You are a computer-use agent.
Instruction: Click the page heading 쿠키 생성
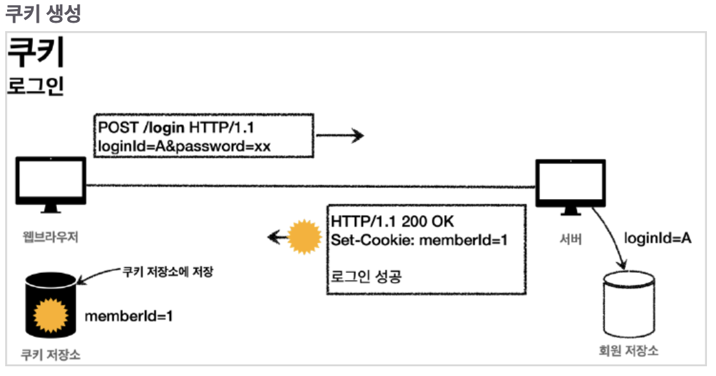43,14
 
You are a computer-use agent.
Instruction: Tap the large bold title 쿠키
36,53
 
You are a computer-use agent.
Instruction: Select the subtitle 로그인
35,86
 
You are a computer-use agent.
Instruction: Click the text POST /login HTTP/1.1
172,127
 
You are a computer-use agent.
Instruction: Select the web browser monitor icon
50,185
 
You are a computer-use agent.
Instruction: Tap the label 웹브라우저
50,238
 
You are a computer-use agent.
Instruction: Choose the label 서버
570,239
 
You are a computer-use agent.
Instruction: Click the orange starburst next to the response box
304,237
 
